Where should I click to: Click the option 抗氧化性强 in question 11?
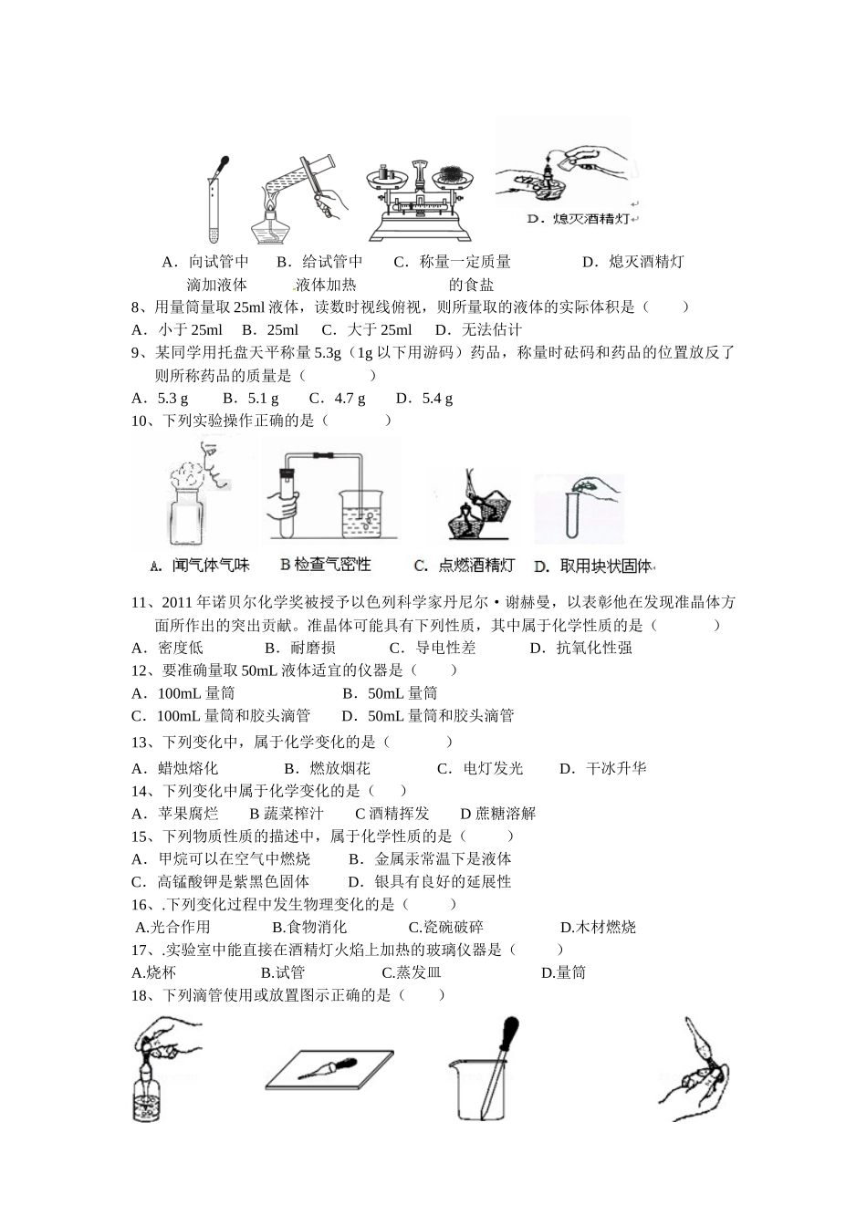pos(594,648)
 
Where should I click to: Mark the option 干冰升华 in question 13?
pos(615,768)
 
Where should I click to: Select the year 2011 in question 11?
pos(177,602)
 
